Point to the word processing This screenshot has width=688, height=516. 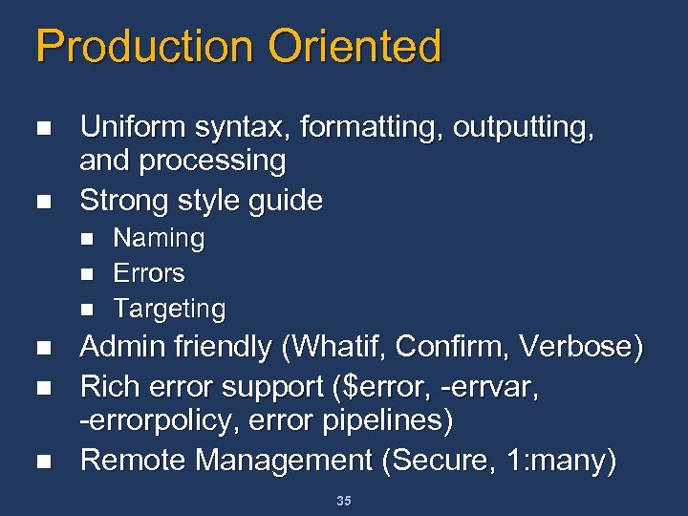(x=213, y=162)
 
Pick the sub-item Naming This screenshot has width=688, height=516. (x=159, y=238)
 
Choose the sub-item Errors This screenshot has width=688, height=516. (x=149, y=273)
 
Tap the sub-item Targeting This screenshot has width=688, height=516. (x=169, y=310)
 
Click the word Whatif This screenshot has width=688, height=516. (x=332, y=348)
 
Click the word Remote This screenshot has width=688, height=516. (x=132, y=461)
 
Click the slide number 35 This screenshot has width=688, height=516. (x=344, y=501)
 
